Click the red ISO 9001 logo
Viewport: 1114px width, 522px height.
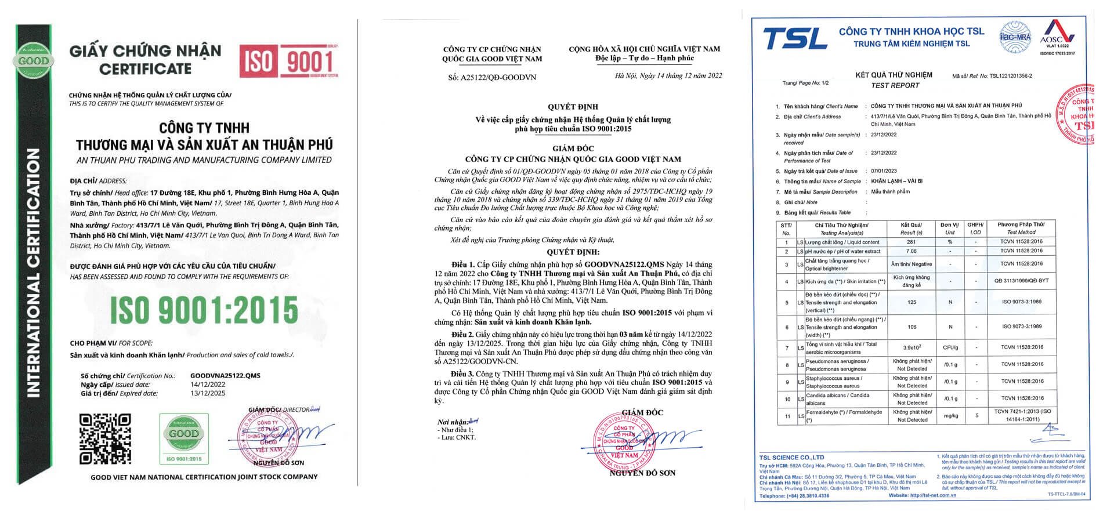pyautogui.click(x=288, y=60)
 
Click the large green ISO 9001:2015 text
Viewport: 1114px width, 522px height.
pyautogui.click(x=204, y=310)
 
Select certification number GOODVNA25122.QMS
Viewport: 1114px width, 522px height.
pyautogui.click(x=225, y=375)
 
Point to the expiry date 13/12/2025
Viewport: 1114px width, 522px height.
pyautogui.click(x=208, y=393)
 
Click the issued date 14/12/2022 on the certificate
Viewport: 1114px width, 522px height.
pyautogui.click(x=208, y=384)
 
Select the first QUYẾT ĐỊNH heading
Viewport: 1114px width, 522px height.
pyautogui.click(x=573, y=107)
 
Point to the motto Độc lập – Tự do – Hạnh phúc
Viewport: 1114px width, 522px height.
pyautogui.click(x=644, y=58)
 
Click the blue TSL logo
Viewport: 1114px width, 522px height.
pyautogui.click(x=795, y=38)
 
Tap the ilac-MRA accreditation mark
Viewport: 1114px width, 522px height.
pyautogui.click(x=1015, y=35)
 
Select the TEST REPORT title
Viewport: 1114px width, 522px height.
pyautogui.click(x=895, y=85)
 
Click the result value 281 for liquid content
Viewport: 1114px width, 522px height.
pyautogui.click(x=911, y=242)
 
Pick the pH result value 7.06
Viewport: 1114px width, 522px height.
pyautogui.click(x=911, y=252)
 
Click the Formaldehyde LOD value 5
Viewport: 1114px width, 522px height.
pyautogui.click(x=977, y=415)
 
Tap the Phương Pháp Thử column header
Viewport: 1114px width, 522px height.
pyautogui.click(x=1021, y=224)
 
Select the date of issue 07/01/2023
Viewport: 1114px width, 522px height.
pyautogui.click(x=884, y=171)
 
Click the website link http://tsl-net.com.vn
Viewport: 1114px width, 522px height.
pyautogui.click(x=932, y=495)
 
